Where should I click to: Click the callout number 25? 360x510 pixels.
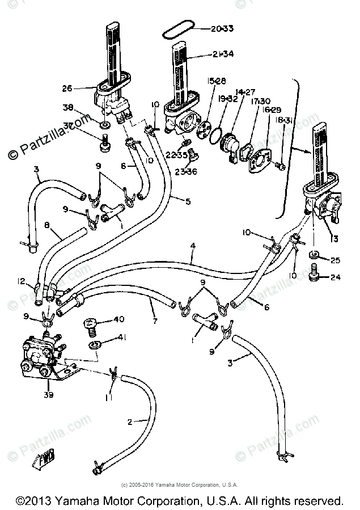click(x=334, y=260)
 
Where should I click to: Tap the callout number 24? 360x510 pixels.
click(x=336, y=277)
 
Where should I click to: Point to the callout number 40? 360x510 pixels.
click(x=118, y=319)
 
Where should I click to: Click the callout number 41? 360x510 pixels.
click(x=121, y=338)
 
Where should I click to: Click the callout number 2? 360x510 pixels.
click(x=129, y=422)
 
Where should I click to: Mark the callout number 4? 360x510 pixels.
click(x=193, y=245)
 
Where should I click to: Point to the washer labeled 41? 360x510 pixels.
click(x=94, y=343)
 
